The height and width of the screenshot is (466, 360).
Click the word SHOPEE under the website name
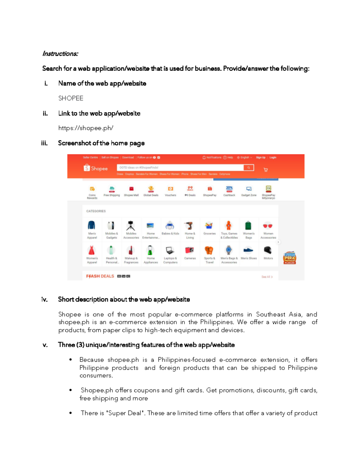coord(71,98)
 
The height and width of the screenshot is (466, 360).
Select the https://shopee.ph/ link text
coord(86,128)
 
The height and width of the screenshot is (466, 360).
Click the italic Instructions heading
coord(60,54)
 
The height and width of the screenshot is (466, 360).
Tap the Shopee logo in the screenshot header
coord(95,168)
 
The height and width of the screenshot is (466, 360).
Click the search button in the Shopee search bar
coord(248,168)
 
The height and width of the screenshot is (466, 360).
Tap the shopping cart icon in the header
coord(265,170)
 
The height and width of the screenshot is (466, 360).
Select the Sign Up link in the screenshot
coord(260,158)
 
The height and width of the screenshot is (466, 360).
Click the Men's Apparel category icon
coord(91,225)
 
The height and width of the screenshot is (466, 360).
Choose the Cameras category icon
coord(190,250)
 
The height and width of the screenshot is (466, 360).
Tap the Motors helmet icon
coord(268,250)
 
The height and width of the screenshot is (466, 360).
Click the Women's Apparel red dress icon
coord(91,250)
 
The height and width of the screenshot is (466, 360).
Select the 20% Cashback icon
coord(229,189)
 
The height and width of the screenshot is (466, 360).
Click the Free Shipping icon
coord(112,189)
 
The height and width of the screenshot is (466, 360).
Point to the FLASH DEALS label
coord(100,276)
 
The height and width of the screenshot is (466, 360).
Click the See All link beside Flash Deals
coord(267,277)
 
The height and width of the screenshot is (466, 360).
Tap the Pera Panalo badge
coord(290,258)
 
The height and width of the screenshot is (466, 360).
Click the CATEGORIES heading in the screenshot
coord(96,211)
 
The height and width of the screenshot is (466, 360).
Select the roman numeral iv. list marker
coord(44,299)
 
